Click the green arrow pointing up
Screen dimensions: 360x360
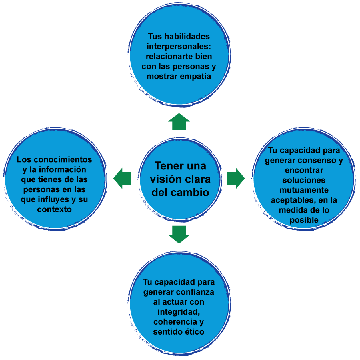click(180, 122)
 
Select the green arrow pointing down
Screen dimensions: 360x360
click(180, 234)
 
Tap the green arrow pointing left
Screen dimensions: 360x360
click(122, 177)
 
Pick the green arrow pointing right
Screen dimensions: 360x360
click(236, 178)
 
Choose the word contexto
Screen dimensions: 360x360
click(54, 210)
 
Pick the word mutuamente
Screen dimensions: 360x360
click(304, 190)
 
